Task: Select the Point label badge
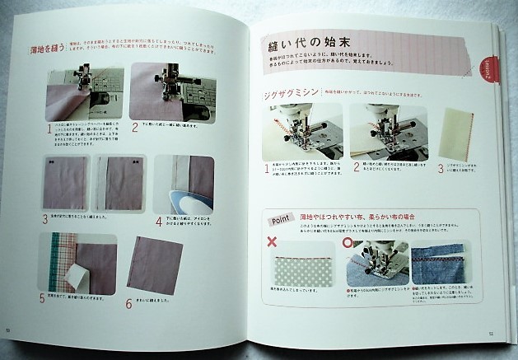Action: [279, 220]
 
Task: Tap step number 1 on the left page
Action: [48, 128]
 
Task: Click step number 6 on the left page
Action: [128, 303]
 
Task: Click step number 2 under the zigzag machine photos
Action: [356, 167]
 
